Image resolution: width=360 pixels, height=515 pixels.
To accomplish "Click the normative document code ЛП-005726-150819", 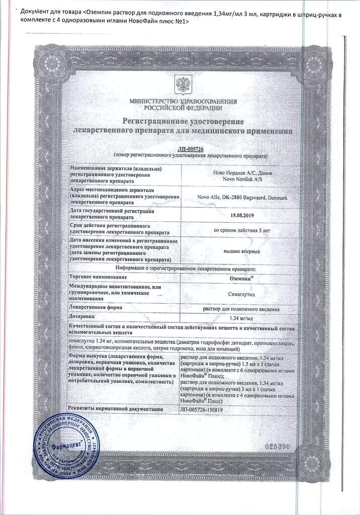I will point(201,409).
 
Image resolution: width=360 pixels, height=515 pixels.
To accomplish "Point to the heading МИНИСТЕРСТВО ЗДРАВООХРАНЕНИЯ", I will point(183,102).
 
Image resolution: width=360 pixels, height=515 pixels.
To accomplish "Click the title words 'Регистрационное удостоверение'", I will point(183,122).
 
